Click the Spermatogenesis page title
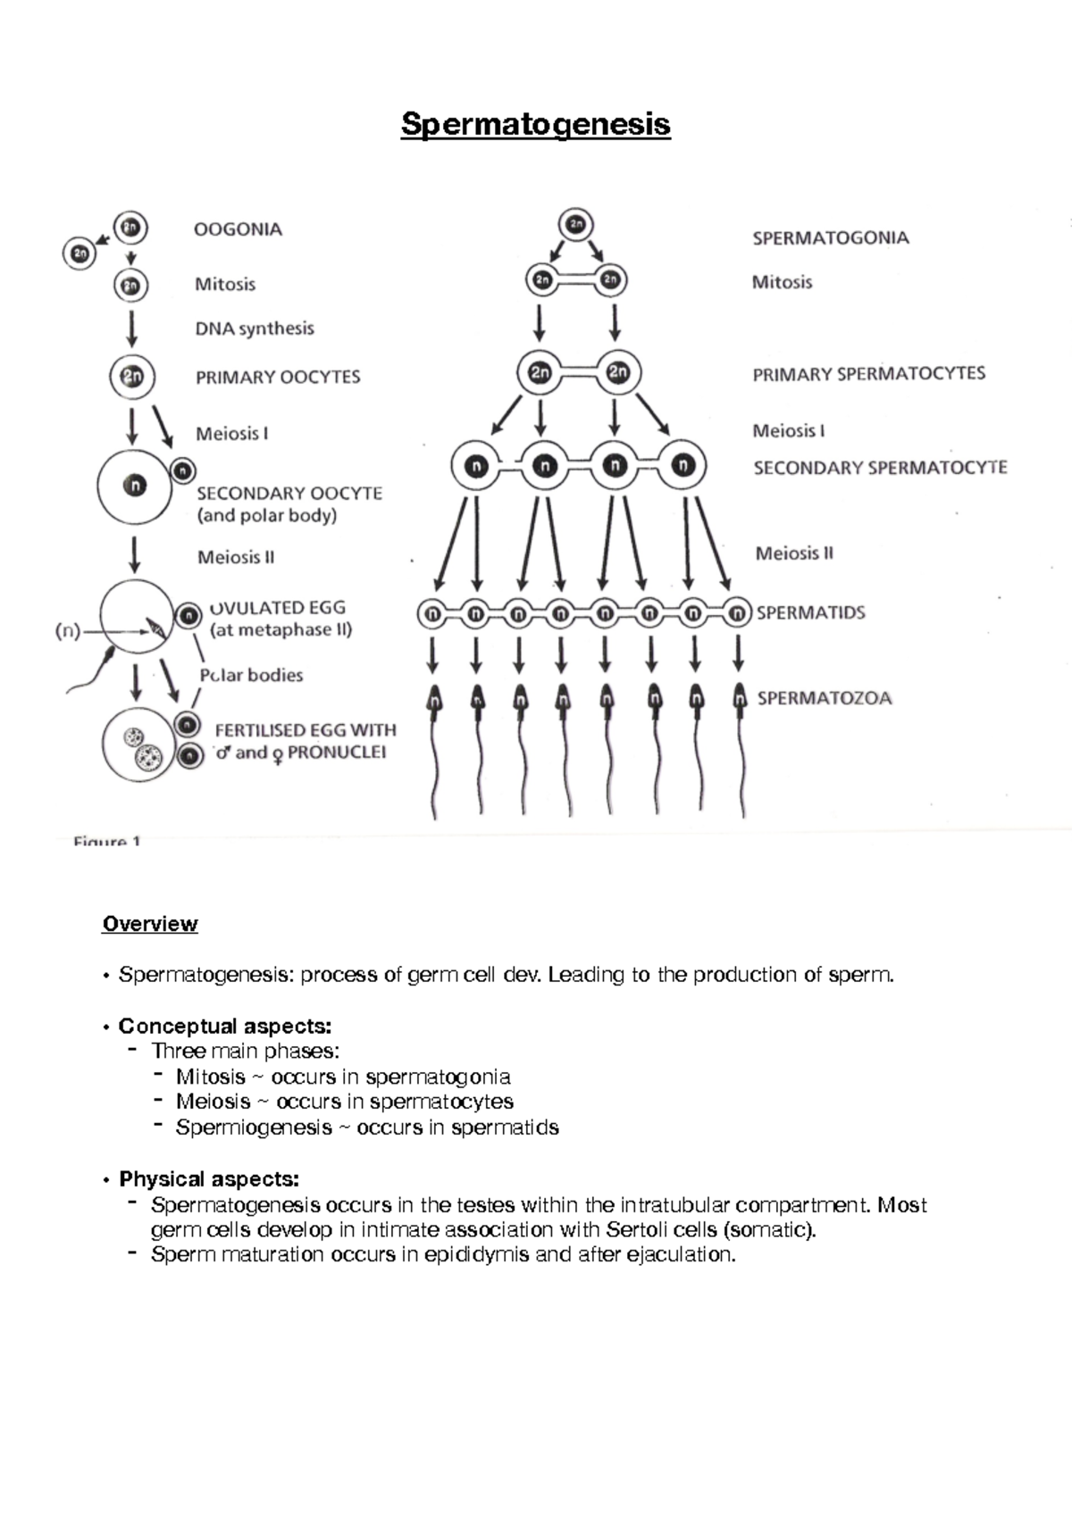coord(535,123)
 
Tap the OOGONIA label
coord(238,229)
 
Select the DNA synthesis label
coord(255,329)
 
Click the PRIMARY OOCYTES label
coord(278,377)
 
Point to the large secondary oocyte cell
coord(135,487)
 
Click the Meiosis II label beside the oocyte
coord(236,557)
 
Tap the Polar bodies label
coord(251,675)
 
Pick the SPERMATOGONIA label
coord(830,238)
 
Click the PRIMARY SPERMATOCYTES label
coord(868,374)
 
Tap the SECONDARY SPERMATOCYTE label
coord(880,468)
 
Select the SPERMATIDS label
coord(810,613)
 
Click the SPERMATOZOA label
coord(824,698)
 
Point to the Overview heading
coord(150,924)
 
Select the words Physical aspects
coord(209,1179)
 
